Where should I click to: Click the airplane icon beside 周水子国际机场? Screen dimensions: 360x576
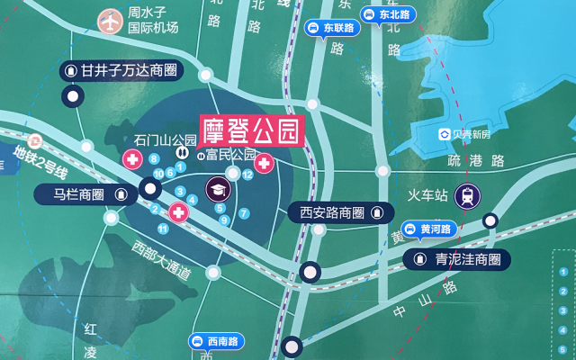(x=110, y=19)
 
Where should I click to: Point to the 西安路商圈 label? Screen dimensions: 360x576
(x=340, y=213)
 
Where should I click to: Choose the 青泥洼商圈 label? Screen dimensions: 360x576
(x=456, y=260)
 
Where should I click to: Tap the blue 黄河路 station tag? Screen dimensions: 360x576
(x=431, y=229)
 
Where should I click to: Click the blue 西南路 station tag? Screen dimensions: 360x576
(x=216, y=341)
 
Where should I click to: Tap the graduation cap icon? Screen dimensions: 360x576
(x=218, y=189)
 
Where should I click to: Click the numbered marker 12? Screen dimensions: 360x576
(x=247, y=175)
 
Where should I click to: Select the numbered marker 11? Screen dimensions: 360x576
(x=163, y=229)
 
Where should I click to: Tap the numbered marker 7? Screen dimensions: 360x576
(x=244, y=213)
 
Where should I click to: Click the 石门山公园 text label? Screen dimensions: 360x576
(x=165, y=139)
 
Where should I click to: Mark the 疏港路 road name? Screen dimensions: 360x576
(x=477, y=160)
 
